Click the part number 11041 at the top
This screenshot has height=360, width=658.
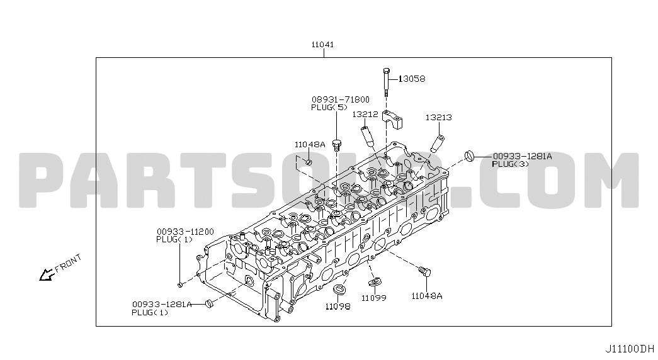322,45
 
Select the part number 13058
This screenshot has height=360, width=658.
412,79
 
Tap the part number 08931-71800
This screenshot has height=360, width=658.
340,100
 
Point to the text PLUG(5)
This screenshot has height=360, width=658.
329,108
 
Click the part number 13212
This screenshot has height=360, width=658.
365,114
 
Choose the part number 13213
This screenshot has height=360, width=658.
438,118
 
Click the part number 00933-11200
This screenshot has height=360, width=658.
185,232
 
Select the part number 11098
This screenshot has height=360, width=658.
338,307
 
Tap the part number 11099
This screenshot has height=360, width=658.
374,298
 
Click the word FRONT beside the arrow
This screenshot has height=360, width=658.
68,264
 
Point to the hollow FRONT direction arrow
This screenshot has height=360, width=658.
46,275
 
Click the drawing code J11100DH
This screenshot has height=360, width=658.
630,349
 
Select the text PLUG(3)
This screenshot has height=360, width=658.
510,164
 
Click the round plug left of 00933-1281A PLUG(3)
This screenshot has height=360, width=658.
469,155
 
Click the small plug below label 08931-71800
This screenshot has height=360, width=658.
336,145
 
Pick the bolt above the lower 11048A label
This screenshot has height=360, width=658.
424,271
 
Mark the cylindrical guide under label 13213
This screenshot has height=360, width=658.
437,143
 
